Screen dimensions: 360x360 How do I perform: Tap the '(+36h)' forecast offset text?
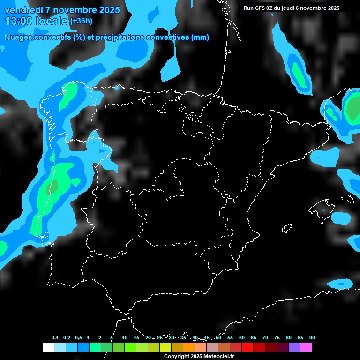(x=81, y=21)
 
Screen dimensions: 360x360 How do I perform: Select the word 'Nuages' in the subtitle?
(x=18, y=37)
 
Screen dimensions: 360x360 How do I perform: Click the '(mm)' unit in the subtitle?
(x=200, y=37)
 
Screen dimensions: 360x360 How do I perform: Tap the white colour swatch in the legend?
(x=48, y=347)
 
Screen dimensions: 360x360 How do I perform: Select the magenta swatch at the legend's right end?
(x=306, y=347)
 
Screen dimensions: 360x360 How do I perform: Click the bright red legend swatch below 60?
(x=247, y=347)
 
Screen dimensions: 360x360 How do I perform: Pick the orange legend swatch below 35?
(x=189, y=347)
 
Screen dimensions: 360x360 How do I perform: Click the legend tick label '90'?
(x=312, y=338)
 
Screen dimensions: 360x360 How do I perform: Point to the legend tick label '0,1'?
(x=54, y=338)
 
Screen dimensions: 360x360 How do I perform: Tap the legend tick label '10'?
(x=124, y=338)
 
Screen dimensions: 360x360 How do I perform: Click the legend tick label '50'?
(x=218, y=338)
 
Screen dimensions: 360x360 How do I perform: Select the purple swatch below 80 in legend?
(x=294, y=347)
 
